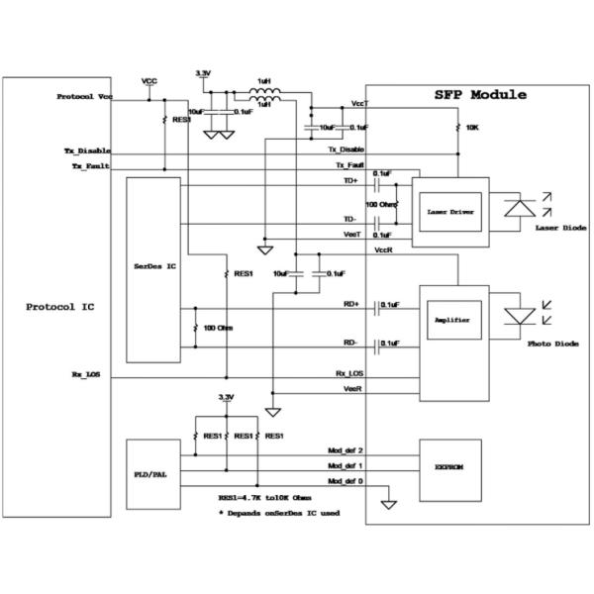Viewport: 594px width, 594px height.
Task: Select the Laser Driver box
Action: coord(448,212)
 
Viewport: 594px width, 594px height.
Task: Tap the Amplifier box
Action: coord(449,321)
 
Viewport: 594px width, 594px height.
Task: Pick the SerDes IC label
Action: coord(154,266)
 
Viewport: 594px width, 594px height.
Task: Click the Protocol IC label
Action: coord(58,307)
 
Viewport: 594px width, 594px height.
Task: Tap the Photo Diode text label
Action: coord(553,344)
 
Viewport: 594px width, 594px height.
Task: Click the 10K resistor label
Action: coord(473,128)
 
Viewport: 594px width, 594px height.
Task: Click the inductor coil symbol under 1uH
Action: coord(263,96)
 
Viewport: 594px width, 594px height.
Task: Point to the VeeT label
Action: coord(351,234)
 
